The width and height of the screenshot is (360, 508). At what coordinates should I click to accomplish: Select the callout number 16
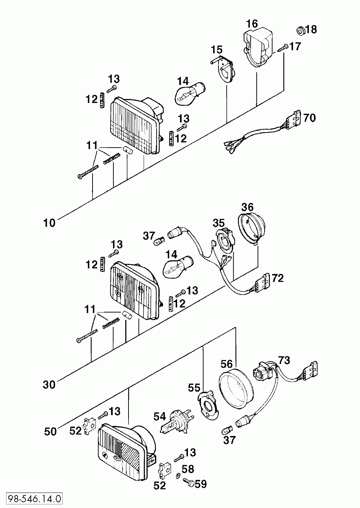(x=252, y=24)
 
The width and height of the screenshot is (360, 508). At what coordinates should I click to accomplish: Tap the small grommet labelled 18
(x=301, y=31)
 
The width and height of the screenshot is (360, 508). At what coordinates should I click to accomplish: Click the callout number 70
(x=310, y=118)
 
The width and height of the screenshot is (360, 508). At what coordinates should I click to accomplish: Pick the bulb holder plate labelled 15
(x=223, y=69)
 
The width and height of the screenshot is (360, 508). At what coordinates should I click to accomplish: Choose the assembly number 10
(x=49, y=223)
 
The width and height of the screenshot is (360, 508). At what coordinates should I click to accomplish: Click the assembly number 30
(x=49, y=385)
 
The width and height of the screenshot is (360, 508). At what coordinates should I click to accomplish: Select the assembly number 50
(x=50, y=432)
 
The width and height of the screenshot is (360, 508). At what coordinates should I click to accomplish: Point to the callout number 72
(x=278, y=278)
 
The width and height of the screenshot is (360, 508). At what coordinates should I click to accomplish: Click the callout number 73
(x=284, y=360)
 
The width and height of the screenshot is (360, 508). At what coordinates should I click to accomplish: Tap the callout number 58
(x=188, y=469)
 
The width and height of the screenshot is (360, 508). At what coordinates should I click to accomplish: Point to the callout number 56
(x=227, y=364)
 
